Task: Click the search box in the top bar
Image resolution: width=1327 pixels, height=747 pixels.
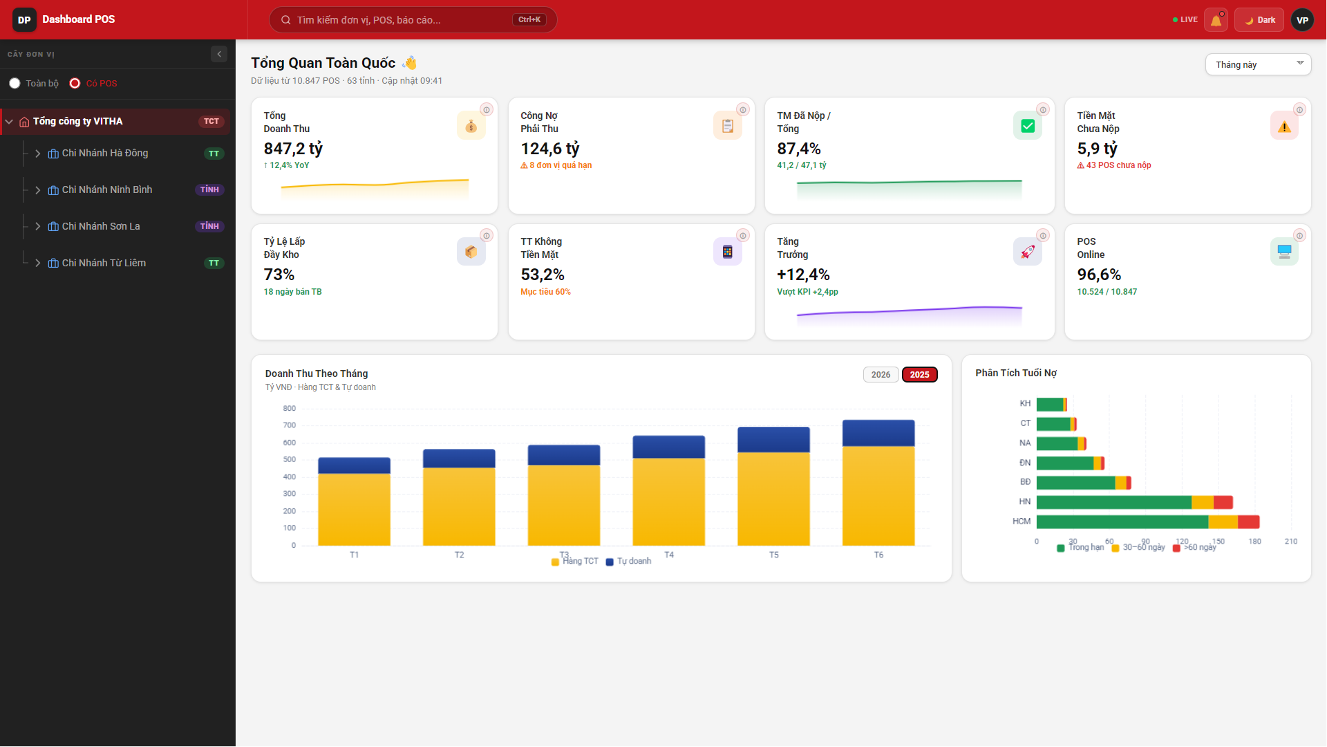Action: pyautogui.click(x=413, y=20)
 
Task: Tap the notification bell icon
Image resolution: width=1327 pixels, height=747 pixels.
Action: pyautogui.click(x=1216, y=20)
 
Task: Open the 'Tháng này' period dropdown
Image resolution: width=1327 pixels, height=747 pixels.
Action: pyautogui.click(x=1258, y=64)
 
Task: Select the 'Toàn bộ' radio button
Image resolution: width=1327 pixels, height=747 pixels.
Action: pyautogui.click(x=15, y=83)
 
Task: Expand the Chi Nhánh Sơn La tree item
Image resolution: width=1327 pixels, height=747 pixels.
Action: pyautogui.click(x=38, y=226)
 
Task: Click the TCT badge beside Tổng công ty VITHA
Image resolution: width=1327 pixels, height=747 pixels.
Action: pyautogui.click(x=211, y=121)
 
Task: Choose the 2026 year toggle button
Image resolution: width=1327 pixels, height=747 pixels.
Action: pyautogui.click(x=881, y=374)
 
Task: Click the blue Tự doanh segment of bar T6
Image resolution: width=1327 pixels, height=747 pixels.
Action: pyautogui.click(x=878, y=433)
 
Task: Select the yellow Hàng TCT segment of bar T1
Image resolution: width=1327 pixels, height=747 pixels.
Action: pyautogui.click(x=354, y=509)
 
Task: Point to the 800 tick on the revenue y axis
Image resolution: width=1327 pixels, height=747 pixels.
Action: pyautogui.click(x=289, y=408)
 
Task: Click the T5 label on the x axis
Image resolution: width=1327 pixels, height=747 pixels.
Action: pyautogui.click(x=773, y=555)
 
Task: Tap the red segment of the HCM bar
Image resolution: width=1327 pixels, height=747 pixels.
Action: pyautogui.click(x=1248, y=522)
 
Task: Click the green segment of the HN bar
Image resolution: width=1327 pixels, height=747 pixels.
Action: pyautogui.click(x=1114, y=502)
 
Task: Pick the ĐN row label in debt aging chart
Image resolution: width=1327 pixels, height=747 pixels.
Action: pyautogui.click(x=1025, y=463)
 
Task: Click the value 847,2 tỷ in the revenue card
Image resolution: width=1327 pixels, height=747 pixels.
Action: pyautogui.click(x=293, y=149)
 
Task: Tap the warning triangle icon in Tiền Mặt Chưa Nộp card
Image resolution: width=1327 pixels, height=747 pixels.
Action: pyautogui.click(x=1284, y=126)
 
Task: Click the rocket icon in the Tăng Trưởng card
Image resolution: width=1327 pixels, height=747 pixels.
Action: pyautogui.click(x=1027, y=252)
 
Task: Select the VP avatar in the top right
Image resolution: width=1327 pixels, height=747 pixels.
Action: pyautogui.click(x=1302, y=20)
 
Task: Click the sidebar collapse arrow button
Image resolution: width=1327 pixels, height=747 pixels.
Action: pyautogui.click(x=219, y=54)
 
